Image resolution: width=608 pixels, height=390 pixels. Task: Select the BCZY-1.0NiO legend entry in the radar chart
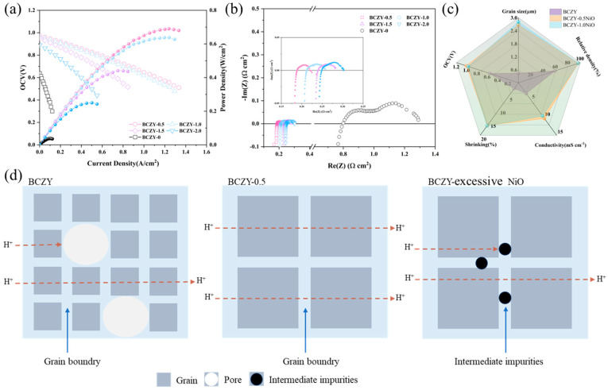tap(568, 31)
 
